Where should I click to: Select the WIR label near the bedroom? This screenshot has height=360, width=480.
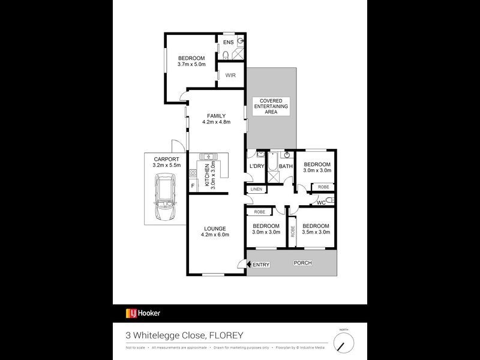(230, 75)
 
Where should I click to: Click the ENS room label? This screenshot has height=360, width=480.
(228, 43)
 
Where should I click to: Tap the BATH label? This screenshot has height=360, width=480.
(286, 167)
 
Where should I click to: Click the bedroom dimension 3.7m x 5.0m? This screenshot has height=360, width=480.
(191, 64)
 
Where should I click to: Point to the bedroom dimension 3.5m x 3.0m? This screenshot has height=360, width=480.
(317, 232)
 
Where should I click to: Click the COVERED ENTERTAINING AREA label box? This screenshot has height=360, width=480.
(270, 106)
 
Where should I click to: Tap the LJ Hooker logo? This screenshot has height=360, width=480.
(143, 313)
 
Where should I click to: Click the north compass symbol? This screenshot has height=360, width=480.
(343, 343)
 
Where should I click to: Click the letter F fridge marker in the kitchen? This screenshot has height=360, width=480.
(193, 185)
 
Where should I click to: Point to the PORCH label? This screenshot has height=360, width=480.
(302, 264)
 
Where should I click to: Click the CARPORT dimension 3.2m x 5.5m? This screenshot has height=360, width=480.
(165, 164)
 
